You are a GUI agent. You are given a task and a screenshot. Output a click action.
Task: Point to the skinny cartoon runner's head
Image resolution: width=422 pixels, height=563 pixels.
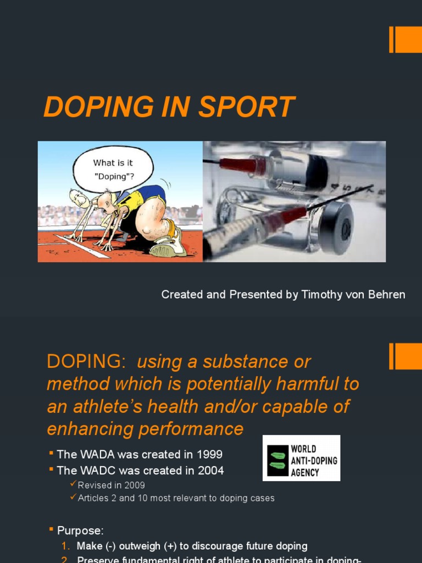(79, 198)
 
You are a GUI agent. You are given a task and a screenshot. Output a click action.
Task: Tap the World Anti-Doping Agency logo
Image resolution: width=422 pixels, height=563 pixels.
(301, 457)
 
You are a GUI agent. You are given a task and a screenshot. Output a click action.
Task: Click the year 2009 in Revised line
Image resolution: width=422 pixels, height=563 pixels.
(134, 485)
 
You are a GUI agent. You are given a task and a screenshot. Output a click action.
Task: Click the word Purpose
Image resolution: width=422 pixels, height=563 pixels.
(80, 531)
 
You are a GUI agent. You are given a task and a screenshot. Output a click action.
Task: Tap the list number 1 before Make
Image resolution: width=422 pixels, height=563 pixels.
(65, 546)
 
